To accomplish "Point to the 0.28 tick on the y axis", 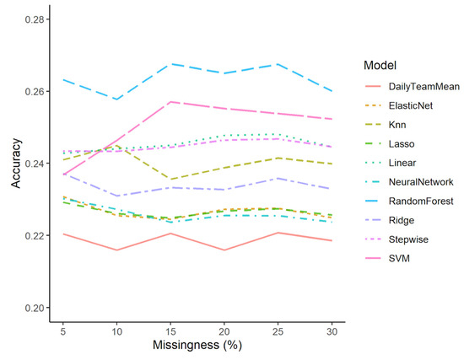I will pyautogui.click(x=38, y=19).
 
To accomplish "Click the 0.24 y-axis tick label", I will pyautogui.click(x=38, y=163).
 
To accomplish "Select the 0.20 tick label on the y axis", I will pyautogui.click(x=38, y=308).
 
